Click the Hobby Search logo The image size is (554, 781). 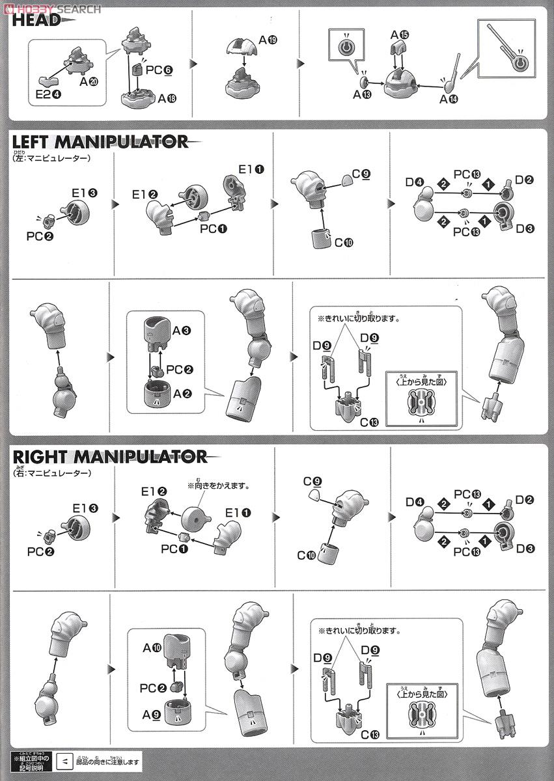tap(52, 8)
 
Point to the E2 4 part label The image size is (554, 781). tap(47, 94)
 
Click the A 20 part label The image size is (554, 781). tap(89, 83)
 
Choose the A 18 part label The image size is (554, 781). tap(166, 98)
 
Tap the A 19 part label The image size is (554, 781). tap(268, 40)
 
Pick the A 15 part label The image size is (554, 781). tap(399, 33)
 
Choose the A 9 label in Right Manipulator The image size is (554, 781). tap(151, 711)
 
